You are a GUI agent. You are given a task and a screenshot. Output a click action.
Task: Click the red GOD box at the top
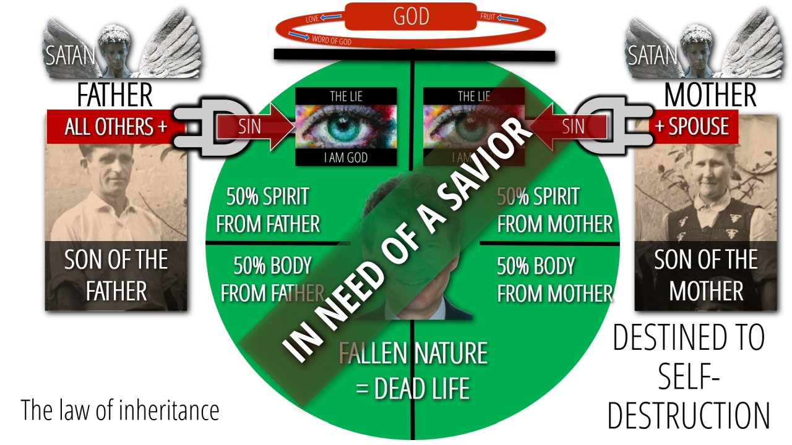[411, 17]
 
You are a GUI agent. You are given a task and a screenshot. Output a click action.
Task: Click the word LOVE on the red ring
[313, 20]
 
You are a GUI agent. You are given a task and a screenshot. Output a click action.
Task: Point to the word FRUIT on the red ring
[488, 17]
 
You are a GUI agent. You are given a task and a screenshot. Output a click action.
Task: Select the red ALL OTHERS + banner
[116, 127]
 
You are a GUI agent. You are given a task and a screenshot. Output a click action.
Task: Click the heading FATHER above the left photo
[115, 96]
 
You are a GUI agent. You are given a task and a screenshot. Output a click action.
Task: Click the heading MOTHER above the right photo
[710, 96]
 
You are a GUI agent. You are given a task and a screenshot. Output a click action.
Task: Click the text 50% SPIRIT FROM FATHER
[268, 210]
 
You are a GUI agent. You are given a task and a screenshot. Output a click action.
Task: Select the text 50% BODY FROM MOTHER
[555, 279]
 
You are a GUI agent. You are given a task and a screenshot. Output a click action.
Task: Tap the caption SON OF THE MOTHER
[706, 275]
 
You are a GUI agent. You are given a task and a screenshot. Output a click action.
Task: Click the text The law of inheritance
[120, 410]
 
